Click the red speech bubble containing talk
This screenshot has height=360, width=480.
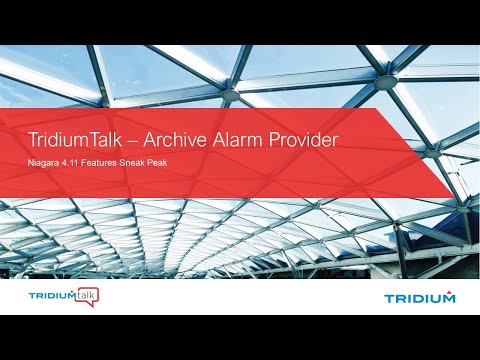[86, 296]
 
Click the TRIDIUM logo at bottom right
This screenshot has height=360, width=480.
[419, 297]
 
